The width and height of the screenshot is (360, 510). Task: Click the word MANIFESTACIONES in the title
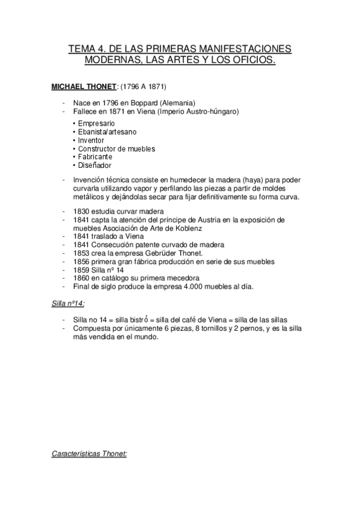tap(240, 49)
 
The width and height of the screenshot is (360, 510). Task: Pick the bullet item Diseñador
tap(94, 165)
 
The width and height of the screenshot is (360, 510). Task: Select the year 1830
tap(82, 211)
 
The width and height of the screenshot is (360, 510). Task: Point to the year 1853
tap(82, 253)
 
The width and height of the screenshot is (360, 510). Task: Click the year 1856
tap(82, 262)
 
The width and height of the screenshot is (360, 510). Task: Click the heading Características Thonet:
tap(90, 455)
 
